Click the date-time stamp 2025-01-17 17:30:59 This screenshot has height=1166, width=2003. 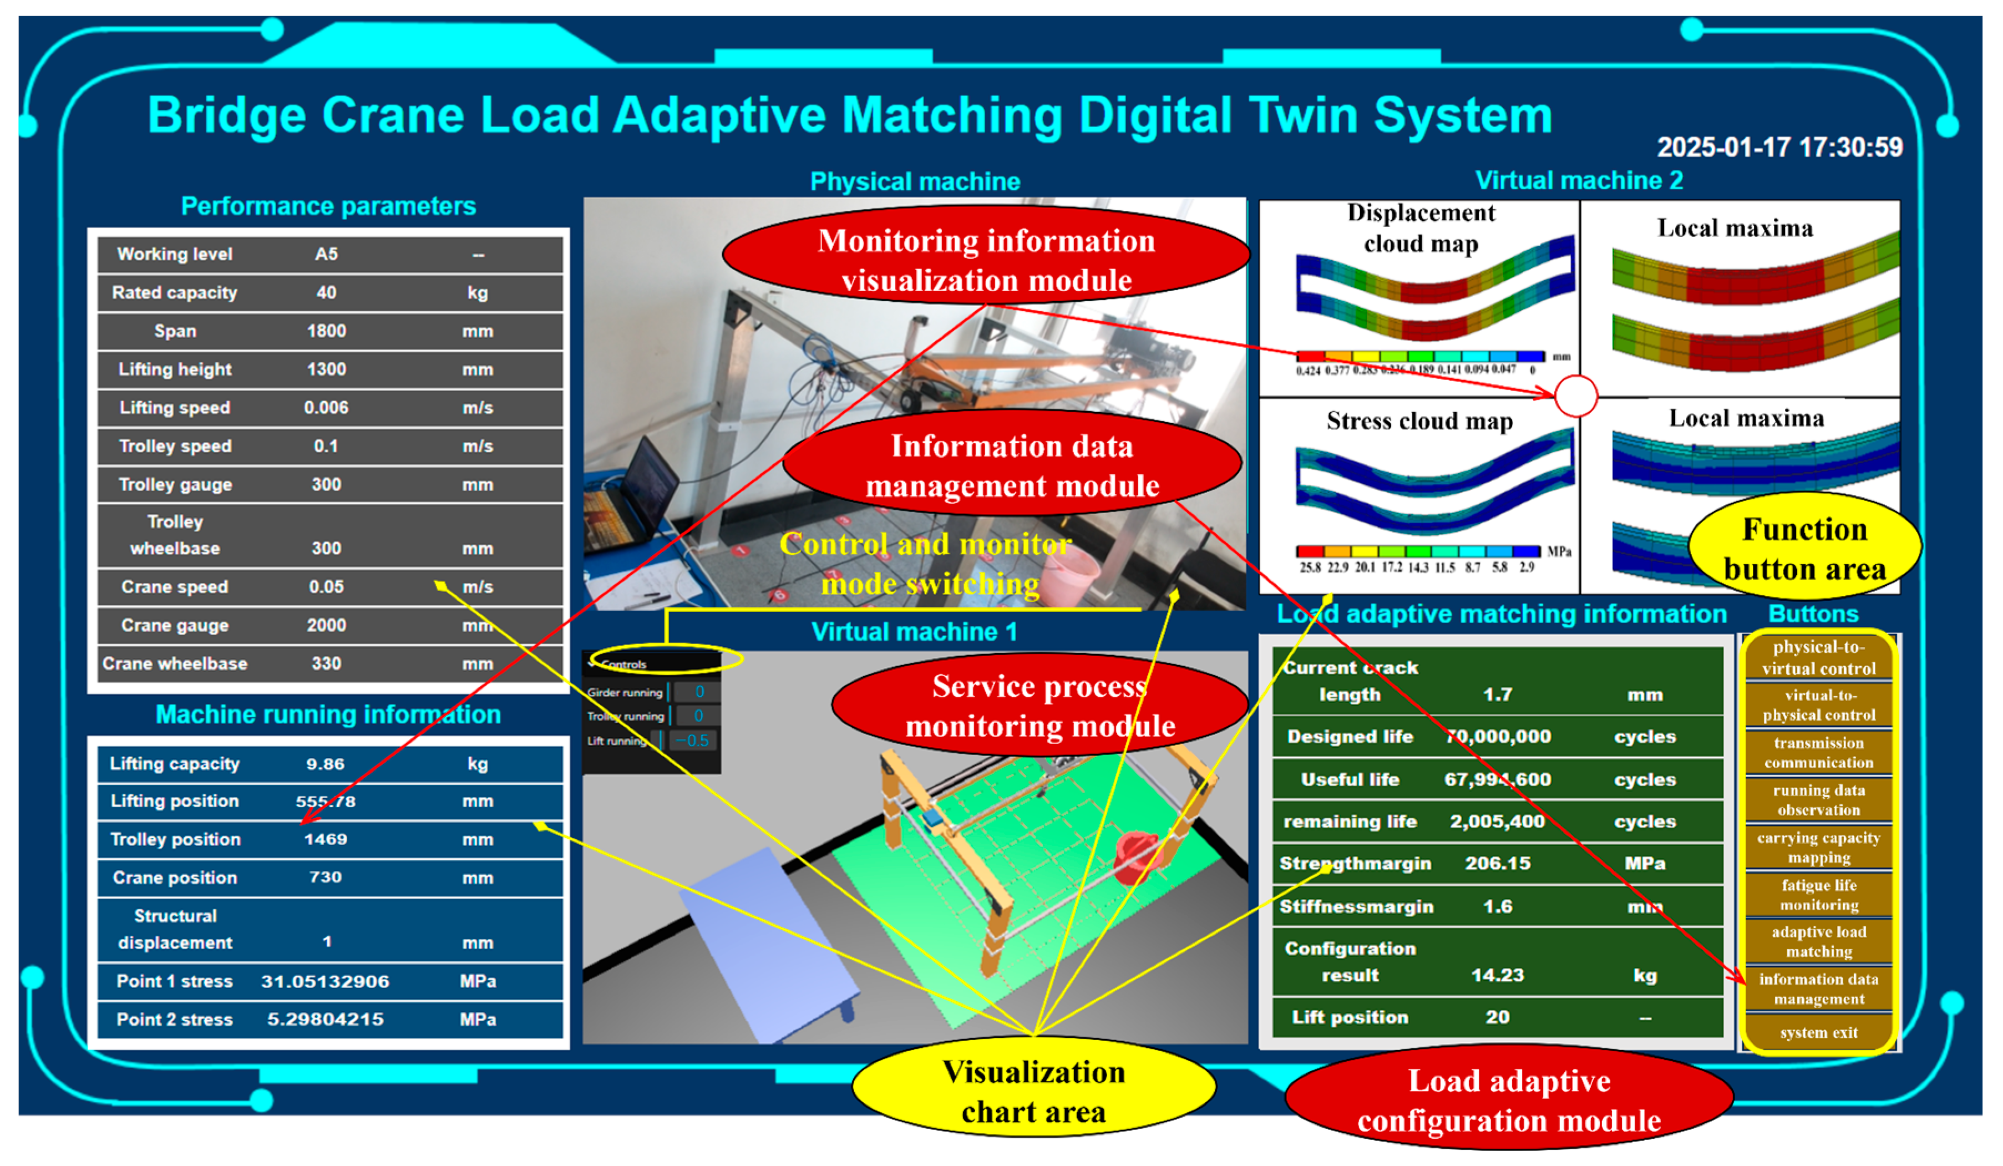click(x=1779, y=147)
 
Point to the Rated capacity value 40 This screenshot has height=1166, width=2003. click(x=326, y=292)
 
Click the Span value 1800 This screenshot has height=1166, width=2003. click(x=326, y=331)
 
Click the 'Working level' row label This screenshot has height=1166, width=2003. click(x=174, y=255)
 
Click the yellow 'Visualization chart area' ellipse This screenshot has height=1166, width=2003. click(x=1033, y=1091)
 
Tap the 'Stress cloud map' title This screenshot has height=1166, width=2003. click(x=1419, y=420)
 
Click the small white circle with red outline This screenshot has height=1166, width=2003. click(x=1575, y=396)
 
